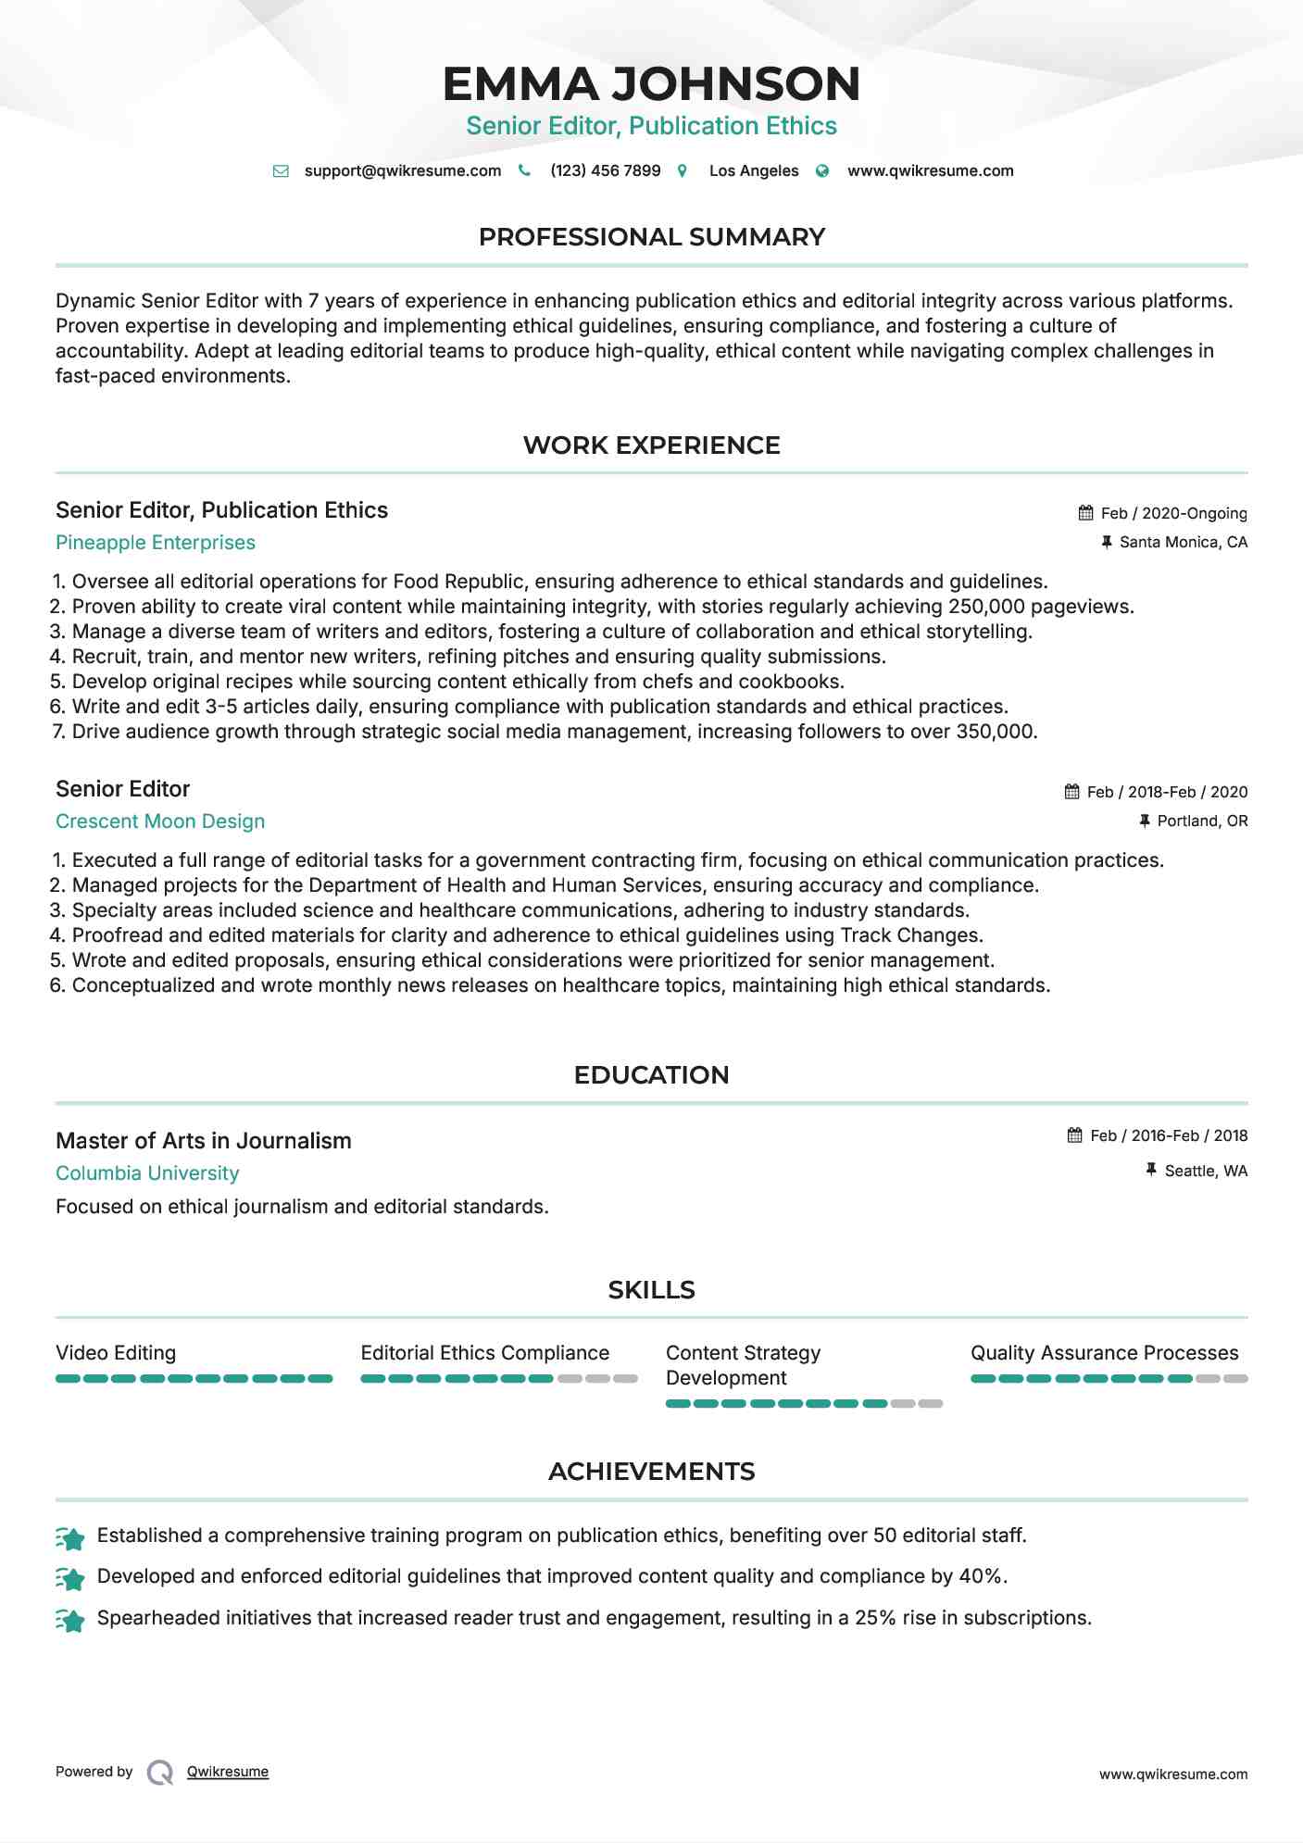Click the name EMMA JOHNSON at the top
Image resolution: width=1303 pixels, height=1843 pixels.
click(651, 83)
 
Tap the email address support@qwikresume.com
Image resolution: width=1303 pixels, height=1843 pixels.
click(402, 170)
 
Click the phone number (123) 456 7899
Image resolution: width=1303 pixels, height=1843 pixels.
click(605, 170)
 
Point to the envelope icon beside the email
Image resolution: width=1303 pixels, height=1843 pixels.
click(281, 171)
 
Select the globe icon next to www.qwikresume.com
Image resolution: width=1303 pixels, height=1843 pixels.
click(822, 171)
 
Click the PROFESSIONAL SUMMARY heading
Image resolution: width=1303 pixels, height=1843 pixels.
click(651, 237)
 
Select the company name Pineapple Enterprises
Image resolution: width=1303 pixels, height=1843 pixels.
click(156, 543)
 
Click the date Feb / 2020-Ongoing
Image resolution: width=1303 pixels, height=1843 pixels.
click(1173, 513)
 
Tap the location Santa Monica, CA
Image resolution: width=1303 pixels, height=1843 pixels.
click(1183, 542)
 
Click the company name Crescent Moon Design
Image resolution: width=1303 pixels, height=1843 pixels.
click(160, 821)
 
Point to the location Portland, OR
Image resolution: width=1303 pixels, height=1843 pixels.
click(1202, 821)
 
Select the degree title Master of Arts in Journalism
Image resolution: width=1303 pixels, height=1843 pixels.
click(204, 1141)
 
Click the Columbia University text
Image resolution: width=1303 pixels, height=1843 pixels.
click(147, 1173)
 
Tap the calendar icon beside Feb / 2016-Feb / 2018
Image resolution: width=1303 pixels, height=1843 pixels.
click(1074, 1135)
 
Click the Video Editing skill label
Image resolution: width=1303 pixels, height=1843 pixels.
click(116, 1353)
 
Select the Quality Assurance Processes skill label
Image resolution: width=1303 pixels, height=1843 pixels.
click(1104, 1353)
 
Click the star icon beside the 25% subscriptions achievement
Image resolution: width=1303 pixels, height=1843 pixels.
click(70, 1620)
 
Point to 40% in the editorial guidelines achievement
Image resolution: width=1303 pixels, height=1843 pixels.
click(983, 1576)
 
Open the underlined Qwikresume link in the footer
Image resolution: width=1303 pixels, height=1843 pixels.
click(228, 1772)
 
